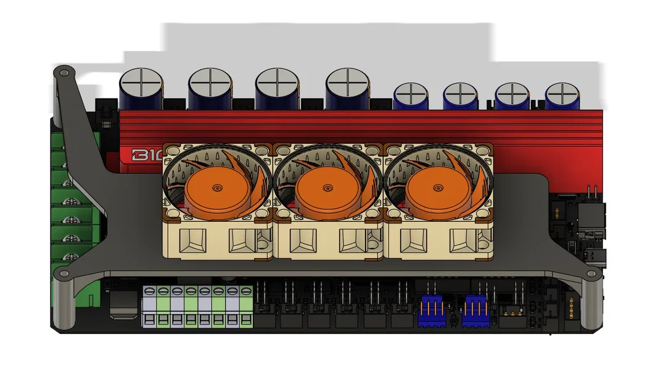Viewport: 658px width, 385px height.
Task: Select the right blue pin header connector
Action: coord(474,307)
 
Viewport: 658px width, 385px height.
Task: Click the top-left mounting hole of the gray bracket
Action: coord(64,73)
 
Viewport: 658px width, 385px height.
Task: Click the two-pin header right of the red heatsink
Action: coord(591,192)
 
